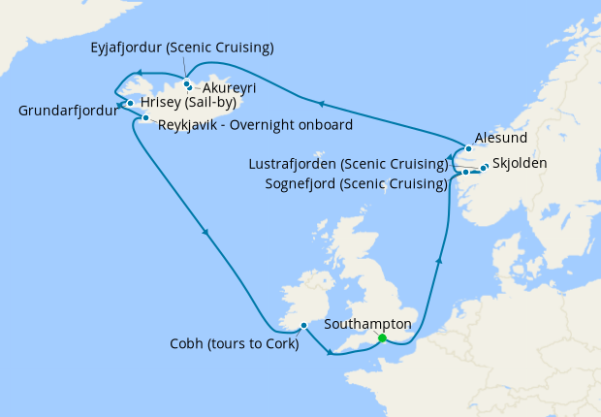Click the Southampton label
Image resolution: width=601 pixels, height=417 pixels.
click(369, 324)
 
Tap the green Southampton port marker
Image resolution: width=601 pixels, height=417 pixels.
click(382, 338)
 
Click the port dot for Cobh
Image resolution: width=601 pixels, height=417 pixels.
click(303, 325)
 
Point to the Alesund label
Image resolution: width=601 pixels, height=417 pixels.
click(501, 139)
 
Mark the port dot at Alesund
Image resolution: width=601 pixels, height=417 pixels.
click(468, 148)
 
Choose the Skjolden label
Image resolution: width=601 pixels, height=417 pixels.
click(520, 163)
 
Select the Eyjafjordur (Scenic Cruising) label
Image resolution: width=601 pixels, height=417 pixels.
click(181, 48)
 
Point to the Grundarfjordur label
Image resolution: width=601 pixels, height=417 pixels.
click(68, 112)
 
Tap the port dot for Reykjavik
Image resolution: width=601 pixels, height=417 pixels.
click(145, 119)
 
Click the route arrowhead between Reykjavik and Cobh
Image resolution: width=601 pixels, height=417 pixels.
click(205, 232)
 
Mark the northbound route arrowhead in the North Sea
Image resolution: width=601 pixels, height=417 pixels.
click(442, 260)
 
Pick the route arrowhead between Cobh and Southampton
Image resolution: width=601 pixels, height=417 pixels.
click(331, 352)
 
